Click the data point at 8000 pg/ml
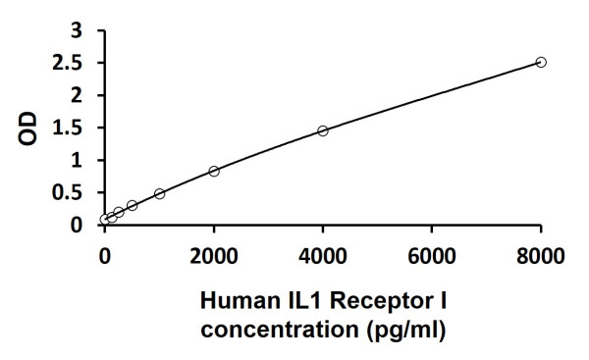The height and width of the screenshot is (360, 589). click(x=541, y=62)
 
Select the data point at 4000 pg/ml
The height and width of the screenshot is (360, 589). click(x=323, y=130)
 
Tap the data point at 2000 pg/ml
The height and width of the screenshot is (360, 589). click(x=214, y=171)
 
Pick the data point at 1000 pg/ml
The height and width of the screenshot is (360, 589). click(x=159, y=193)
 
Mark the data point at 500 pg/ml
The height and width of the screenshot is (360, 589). click(x=132, y=205)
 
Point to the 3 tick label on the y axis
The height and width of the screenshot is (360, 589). click(x=87, y=31)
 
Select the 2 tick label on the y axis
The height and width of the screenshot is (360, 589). click(x=87, y=96)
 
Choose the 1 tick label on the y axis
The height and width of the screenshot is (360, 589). click(x=87, y=161)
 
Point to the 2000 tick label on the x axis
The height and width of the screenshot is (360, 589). click(x=214, y=257)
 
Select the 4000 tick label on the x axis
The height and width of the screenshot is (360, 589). click(x=323, y=257)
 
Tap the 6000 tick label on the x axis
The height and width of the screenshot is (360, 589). click(x=432, y=257)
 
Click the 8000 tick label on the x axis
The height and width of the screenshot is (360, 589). click(x=541, y=257)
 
